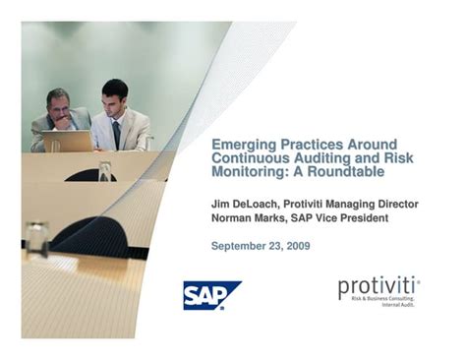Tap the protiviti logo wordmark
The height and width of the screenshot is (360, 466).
(x=378, y=287)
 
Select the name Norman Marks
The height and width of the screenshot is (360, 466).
(x=246, y=217)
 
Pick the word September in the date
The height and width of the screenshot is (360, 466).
(x=237, y=245)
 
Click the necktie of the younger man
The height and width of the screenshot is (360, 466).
(x=116, y=133)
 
